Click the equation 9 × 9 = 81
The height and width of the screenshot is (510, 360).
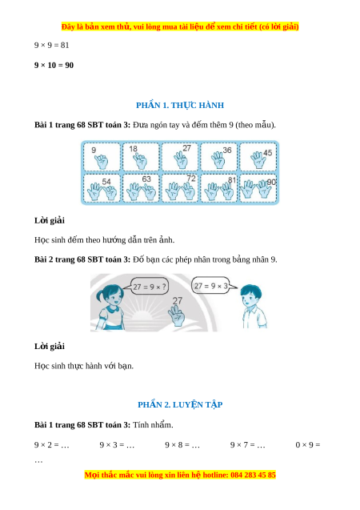(52, 45)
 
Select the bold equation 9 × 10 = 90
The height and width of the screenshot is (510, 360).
(54, 66)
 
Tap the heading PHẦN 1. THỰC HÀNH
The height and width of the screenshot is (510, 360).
(180, 106)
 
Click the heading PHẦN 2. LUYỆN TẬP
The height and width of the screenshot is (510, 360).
(180, 405)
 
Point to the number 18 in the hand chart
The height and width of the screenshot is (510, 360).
(134, 149)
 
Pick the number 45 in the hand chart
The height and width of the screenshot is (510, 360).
(268, 153)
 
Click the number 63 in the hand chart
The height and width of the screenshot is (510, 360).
(146, 179)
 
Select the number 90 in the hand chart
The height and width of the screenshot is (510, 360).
(271, 183)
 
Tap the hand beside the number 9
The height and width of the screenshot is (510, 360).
(102, 162)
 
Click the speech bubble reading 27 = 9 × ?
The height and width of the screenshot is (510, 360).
(149, 287)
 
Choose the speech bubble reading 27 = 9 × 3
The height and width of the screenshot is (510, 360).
(211, 286)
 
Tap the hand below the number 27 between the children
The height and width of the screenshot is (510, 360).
(177, 315)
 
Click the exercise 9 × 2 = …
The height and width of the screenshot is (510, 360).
(52, 445)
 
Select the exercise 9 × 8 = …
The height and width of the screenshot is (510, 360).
(182, 445)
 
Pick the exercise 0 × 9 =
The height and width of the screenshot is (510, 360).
(308, 445)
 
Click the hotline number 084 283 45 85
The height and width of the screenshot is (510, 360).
(253, 476)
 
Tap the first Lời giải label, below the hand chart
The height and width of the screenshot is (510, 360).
(50, 221)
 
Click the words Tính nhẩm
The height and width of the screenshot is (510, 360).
(153, 425)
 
